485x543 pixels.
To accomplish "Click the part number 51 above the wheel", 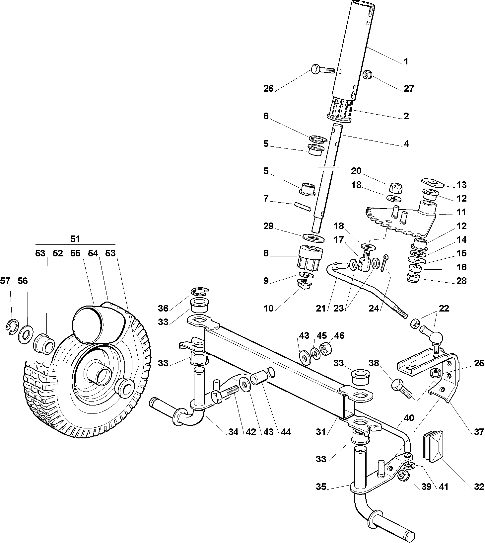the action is tap(75, 239).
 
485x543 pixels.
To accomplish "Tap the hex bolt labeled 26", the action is tap(323, 70).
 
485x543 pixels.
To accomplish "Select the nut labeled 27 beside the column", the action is tap(367, 75).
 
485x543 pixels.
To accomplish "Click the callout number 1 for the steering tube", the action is tap(406, 61).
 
